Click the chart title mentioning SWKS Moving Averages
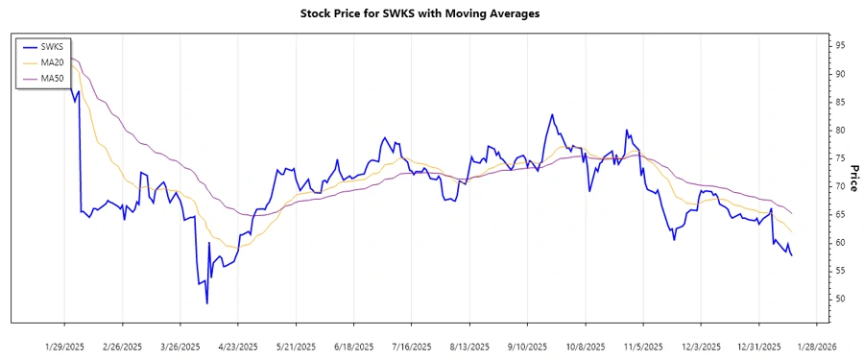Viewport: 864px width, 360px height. (x=431, y=14)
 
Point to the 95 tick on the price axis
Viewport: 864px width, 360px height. (x=839, y=45)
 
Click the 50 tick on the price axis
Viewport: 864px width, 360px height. (x=839, y=300)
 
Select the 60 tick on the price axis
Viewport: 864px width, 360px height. (x=839, y=243)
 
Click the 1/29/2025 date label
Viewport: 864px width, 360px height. (x=64, y=346)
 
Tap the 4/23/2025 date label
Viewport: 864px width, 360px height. (x=238, y=346)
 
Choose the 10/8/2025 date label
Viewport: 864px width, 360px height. (x=586, y=346)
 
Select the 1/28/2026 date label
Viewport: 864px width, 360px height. (x=817, y=346)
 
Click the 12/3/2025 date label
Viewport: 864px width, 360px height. (x=702, y=346)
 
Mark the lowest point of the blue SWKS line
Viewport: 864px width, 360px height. (x=207, y=303)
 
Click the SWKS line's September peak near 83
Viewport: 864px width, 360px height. (x=552, y=114)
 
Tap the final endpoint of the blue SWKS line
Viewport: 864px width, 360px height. (x=792, y=255)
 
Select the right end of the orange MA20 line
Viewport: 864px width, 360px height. (x=792, y=232)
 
